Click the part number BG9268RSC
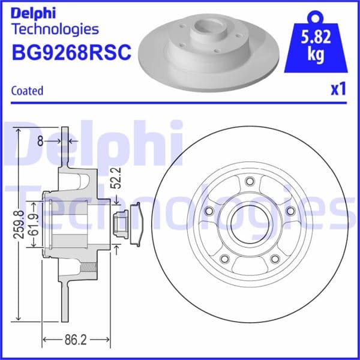[71, 52]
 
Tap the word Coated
[27, 91]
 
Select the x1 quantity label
[338, 89]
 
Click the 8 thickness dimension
[40, 142]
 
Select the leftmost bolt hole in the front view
[209, 211]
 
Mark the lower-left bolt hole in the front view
[224, 259]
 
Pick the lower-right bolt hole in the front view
[274, 259]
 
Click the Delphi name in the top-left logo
[32, 11]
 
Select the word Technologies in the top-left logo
[55, 28]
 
